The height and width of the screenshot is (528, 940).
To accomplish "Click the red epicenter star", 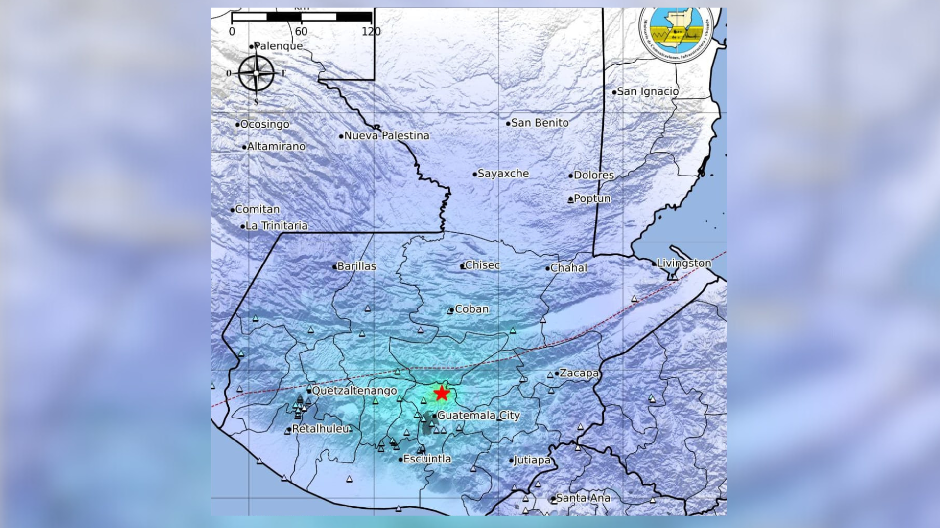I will [442, 393].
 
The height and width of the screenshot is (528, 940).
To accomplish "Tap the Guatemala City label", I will [478, 416].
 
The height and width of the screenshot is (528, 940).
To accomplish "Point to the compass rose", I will [256, 74].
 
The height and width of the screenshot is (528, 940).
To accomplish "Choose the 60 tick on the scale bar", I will [301, 32].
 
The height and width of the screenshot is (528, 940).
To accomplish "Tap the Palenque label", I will [278, 46].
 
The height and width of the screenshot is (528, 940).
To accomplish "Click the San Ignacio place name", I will [648, 91].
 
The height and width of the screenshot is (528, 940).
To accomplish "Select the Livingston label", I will [683, 263].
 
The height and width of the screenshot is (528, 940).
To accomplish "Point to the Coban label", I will [471, 309].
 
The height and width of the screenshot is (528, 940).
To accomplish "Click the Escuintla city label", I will [427, 459].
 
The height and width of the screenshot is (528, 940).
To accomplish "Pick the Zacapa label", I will [579, 373].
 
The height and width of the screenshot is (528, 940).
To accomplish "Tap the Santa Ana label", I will [583, 498].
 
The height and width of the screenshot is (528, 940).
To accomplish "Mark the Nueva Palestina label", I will [386, 136].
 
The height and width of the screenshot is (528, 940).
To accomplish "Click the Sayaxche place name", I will [503, 174].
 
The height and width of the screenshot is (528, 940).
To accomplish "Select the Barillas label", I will [356, 266].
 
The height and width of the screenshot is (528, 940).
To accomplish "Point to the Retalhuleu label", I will [321, 429].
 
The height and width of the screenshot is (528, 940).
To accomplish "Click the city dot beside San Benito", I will [508, 123].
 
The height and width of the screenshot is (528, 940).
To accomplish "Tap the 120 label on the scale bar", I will [371, 32].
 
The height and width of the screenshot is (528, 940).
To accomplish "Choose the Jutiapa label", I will [532, 460].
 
